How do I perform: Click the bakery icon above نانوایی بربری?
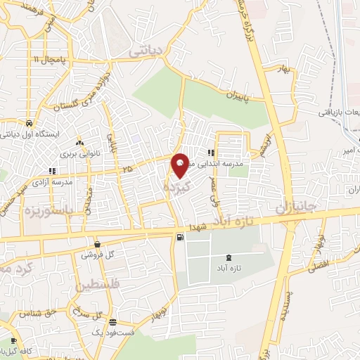pyautogui.click(x=79, y=141)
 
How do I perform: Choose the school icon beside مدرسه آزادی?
pyautogui.click(x=51, y=170)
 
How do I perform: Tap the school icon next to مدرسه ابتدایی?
pyautogui.click(x=211, y=154)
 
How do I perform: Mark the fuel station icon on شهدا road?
pyautogui.click(x=181, y=238)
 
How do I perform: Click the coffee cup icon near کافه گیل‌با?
pyautogui.click(x=13, y=342)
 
